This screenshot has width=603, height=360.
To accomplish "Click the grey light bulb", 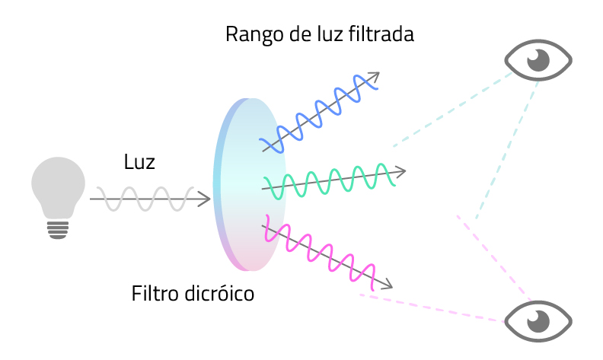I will click(x=58, y=186).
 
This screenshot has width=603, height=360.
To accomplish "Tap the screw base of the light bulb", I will click(x=58, y=228).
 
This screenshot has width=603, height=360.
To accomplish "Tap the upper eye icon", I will click(x=539, y=59).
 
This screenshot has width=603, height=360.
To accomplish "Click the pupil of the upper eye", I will click(x=540, y=59).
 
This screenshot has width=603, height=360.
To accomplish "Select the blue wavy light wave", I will click(x=320, y=111).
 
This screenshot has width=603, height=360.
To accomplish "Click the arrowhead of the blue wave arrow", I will click(x=374, y=76).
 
